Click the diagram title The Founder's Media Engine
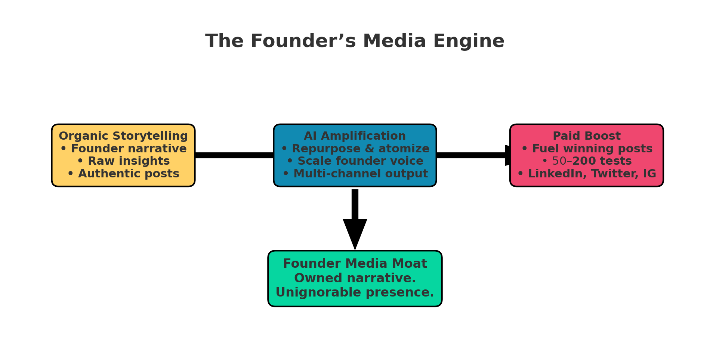coord(355,41)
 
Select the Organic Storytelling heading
coord(123,136)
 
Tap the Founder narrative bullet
coord(123,149)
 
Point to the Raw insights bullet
coord(123,161)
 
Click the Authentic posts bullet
coord(123,174)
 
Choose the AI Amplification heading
coord(355,136)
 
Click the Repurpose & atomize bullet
coord(355,149)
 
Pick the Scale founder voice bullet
coord(355,161)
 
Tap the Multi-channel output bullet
coord(355,174)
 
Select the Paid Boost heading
coord(587,136)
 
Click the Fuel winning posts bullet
coord(587,149)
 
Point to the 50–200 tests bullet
coord(587,161)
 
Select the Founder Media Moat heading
coord(355,264)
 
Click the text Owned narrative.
coord(355,278)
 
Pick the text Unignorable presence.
coord(355,292)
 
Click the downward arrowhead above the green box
coord(355,233)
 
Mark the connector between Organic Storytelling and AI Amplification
coord(234,155)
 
